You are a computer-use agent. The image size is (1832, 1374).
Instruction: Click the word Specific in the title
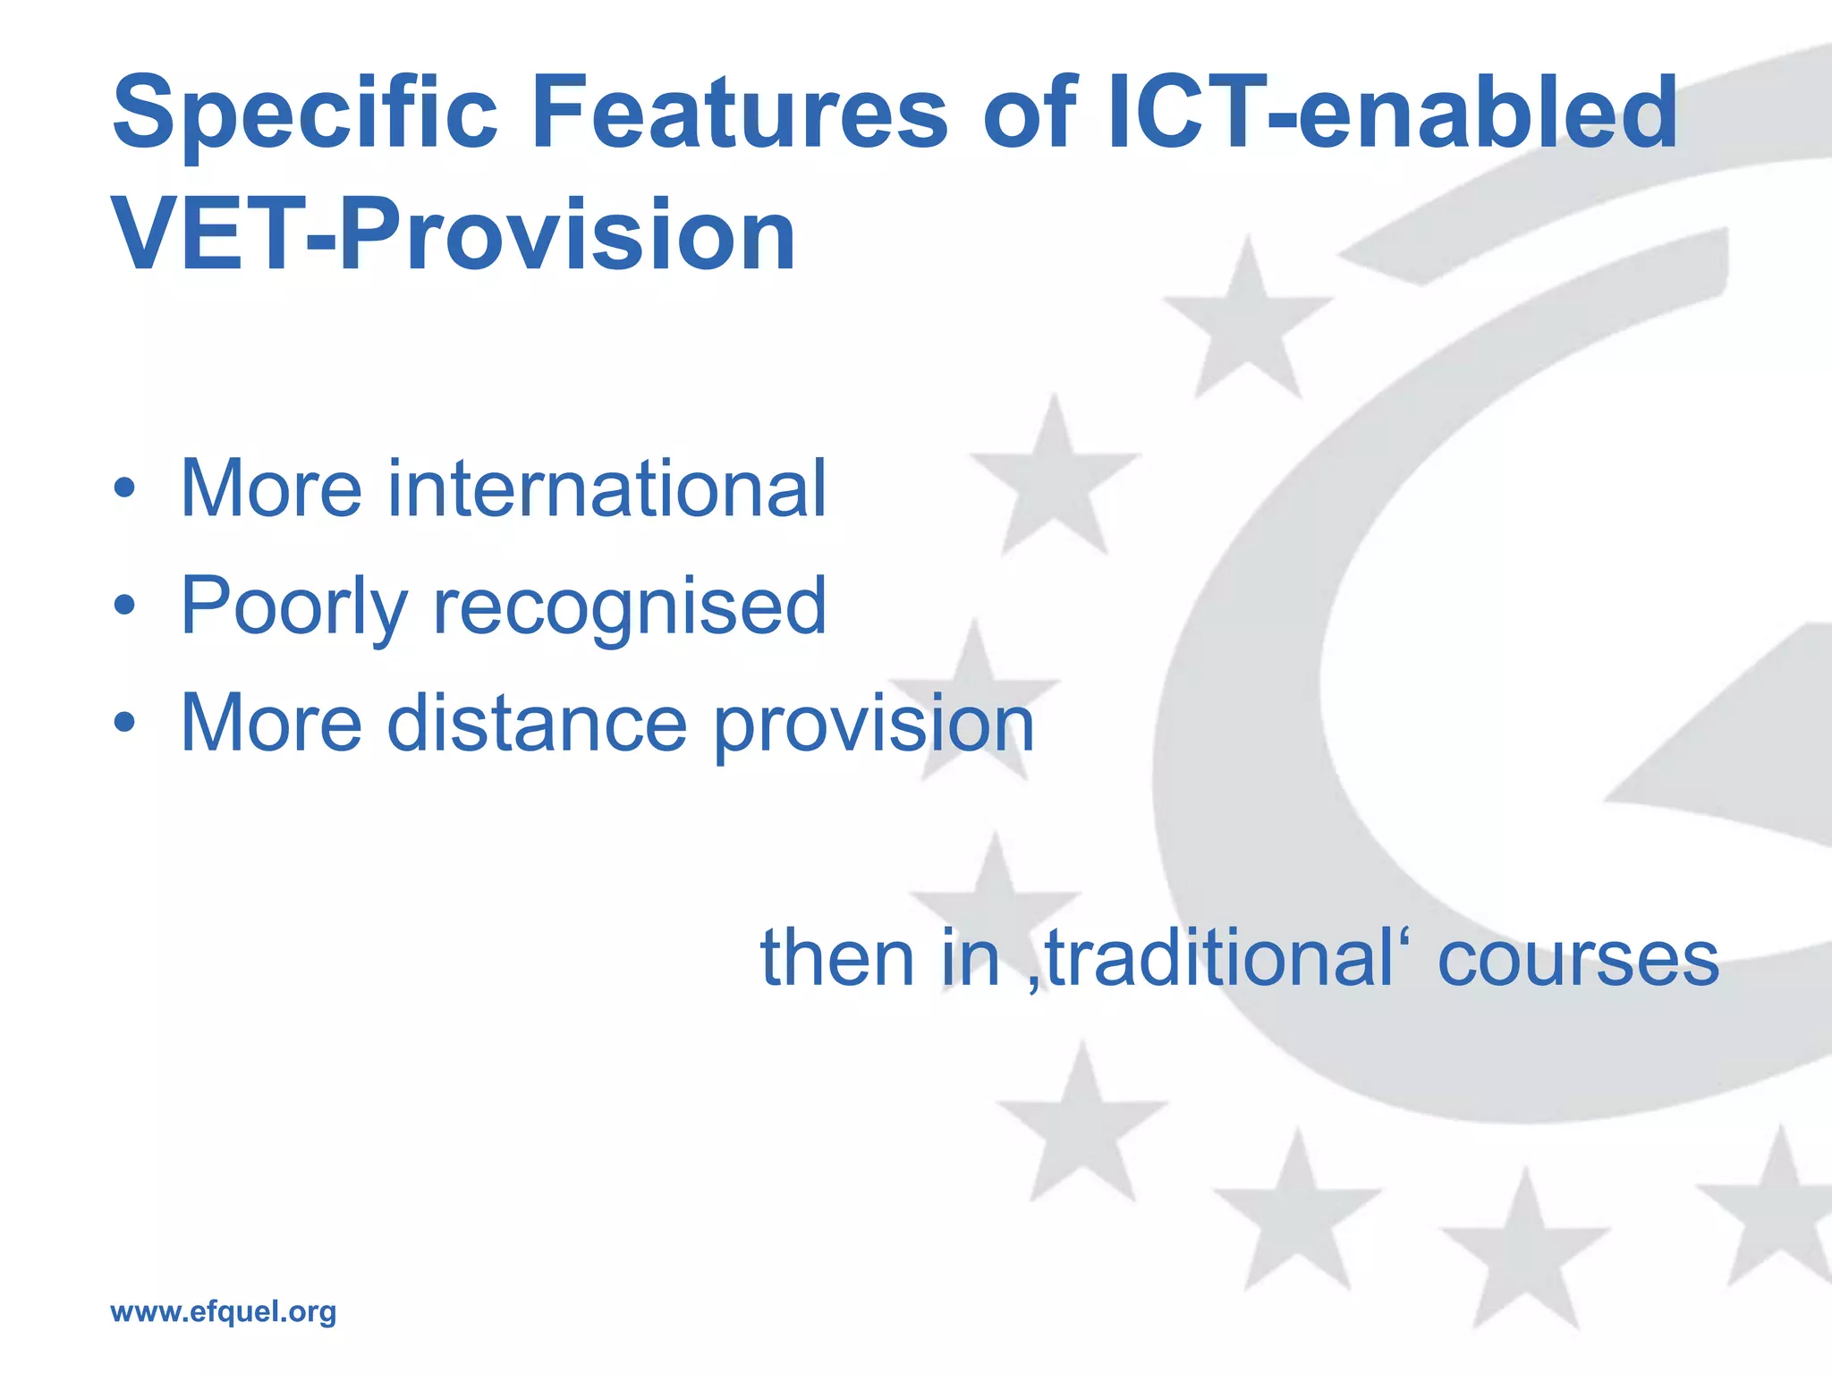point(304,114)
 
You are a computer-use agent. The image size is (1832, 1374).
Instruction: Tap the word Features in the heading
point(739,114)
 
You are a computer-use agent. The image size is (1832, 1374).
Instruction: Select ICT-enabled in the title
point(1392,114)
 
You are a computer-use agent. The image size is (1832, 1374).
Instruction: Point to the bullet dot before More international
point(125,489)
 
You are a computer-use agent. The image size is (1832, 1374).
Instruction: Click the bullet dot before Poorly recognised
point(125,606)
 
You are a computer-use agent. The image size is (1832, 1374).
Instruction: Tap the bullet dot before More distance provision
point(125,723)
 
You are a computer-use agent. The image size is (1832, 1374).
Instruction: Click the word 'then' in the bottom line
point(837,958)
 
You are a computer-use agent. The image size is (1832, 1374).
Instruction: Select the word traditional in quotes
point(1213,958)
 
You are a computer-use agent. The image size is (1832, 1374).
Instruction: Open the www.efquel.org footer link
point(223,1311)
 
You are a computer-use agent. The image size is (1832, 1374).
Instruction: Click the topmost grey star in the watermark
point(1247,322)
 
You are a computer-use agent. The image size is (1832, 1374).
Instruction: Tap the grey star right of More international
point(1054,483)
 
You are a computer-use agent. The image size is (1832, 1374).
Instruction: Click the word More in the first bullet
point(271,488)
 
